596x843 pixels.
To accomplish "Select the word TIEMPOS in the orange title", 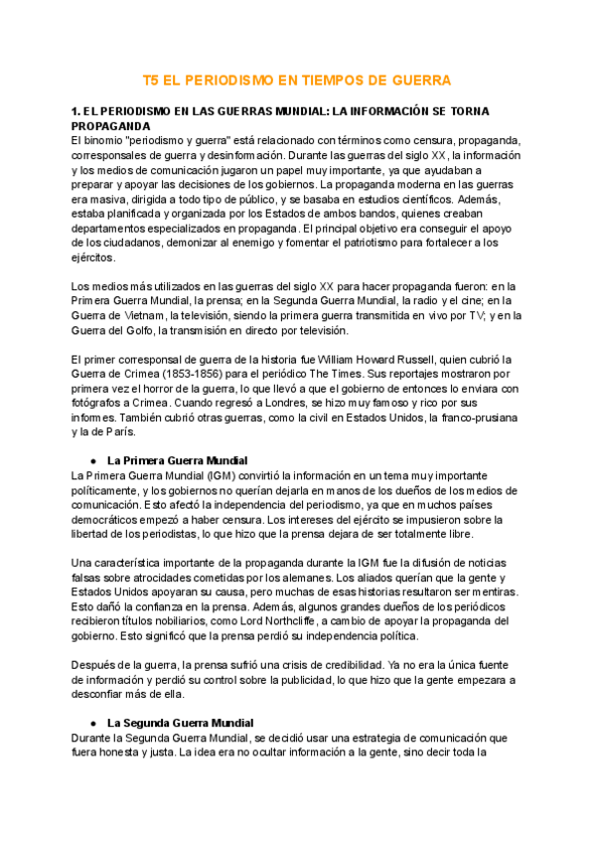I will pyautogui.click(x=349, y=80).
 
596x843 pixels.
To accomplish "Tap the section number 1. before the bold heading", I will pyautogui.click(x=77, y=111).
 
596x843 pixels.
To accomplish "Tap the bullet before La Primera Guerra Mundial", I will pyautogui.click(x=92, y=460).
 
